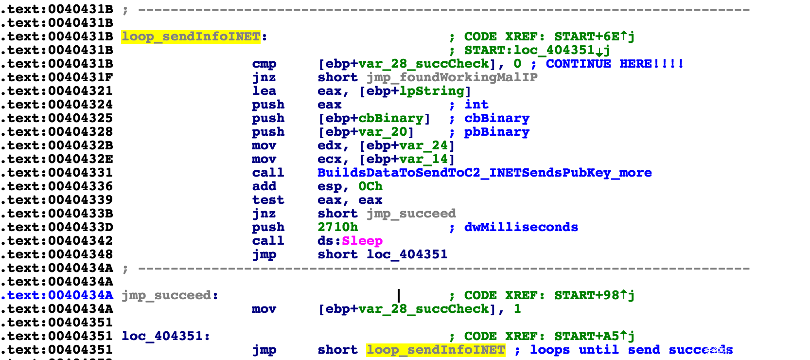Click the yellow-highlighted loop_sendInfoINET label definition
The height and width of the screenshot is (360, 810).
[x=191, y=36]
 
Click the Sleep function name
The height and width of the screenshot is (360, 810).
[x=362, y=241]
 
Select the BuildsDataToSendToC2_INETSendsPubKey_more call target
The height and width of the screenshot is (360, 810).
[x=484, y=173]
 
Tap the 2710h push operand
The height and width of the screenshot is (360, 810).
[x=337, y=227]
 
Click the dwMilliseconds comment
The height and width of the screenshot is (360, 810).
[x=521, y=227]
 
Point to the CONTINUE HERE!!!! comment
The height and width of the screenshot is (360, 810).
[x=615, y=64]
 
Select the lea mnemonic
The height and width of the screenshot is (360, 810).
[x=264, y=91]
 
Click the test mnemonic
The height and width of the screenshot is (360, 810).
[x=268, y=200]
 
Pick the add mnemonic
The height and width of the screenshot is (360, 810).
[x=264, y=186]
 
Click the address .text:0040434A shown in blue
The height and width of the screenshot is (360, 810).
[x=57, y=295]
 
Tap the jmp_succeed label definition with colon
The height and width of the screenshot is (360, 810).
[x=170, y=295]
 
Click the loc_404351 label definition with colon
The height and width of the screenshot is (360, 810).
[x=166, y=336]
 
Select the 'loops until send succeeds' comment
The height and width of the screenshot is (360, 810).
[x=631, y=350]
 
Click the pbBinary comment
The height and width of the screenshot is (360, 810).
[x=496, y=132]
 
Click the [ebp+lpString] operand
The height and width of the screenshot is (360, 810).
[x=415, y=91]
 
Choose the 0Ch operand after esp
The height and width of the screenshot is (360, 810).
[x=370, y=186]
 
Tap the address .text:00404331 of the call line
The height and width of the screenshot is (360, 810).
[x=57, y=173]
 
